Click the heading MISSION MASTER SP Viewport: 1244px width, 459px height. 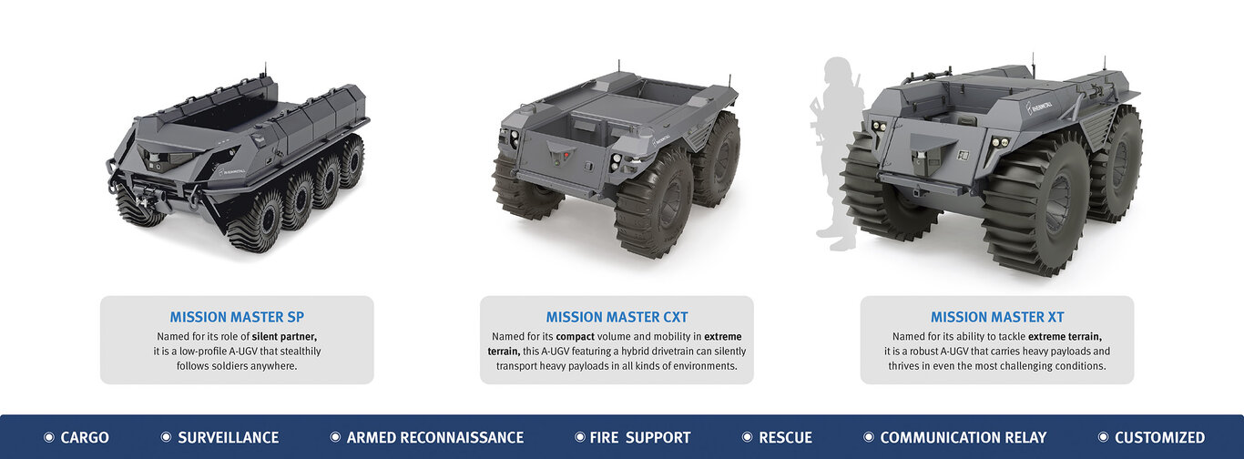coord(237,317)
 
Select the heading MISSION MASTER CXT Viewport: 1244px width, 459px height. coord(617,317)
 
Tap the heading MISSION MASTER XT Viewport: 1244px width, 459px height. coord(997,317)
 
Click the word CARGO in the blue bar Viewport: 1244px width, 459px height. coord(85,438)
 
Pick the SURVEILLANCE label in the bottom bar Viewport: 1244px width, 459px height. coord(229,438)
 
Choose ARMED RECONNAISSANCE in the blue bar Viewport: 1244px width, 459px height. coord(434,438)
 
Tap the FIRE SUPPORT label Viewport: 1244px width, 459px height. coord(640,438)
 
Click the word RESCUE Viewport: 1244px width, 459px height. coord(785,438)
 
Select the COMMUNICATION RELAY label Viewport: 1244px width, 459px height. coord(963,438)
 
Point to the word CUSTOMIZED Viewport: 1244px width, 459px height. coord(1159,438)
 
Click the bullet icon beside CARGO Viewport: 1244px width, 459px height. coord(49,437)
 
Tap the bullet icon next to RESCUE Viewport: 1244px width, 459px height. coord(747,437)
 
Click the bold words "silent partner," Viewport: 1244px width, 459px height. coord(284,336)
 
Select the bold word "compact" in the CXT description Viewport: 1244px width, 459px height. coord(575,336)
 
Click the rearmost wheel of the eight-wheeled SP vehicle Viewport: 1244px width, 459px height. coord(351,161)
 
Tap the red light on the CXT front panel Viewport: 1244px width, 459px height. coord(566,155)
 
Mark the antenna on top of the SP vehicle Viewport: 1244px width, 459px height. coord(265,71)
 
